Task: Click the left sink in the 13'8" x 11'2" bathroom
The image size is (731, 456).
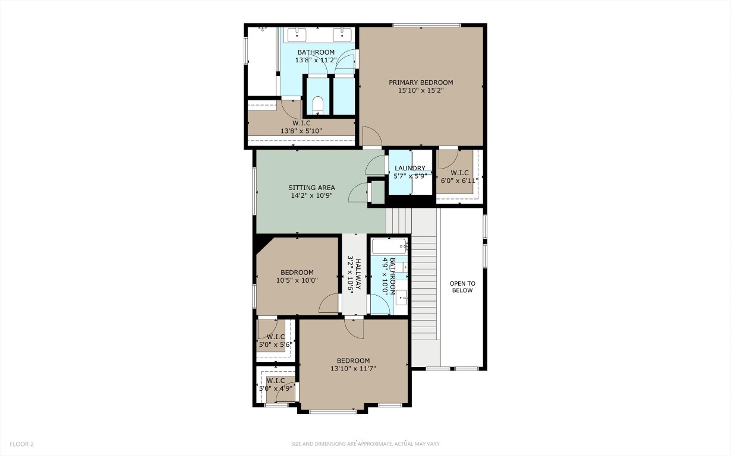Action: (296, 35)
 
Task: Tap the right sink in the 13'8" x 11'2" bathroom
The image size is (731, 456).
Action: (343, 35)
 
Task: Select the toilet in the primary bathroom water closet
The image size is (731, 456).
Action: (317, 104)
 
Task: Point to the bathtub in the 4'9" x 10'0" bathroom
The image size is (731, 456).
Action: (389, 245)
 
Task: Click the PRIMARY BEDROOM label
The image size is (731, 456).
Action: (421, 83)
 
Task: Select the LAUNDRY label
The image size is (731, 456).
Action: (410, 169)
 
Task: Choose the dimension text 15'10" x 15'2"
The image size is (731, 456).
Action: (421, 91)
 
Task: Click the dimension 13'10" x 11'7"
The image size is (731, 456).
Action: (353, 369)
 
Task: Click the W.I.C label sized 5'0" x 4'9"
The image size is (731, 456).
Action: (275, 381)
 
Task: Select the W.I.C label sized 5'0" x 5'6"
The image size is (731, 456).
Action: (274, 337)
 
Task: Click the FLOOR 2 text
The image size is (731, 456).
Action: (21, 444)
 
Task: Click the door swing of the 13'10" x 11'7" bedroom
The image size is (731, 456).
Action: (354, 328)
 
